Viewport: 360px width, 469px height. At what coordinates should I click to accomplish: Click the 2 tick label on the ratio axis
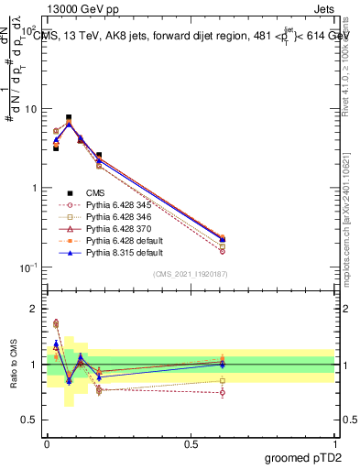[x=35, y=309]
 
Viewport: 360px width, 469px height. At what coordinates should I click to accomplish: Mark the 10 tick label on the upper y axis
[x=31, y=109]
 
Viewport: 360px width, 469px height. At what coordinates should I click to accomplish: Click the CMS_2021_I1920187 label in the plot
[x=191, y=274]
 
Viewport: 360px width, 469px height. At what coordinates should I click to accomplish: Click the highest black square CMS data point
[x=69, y=117]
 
